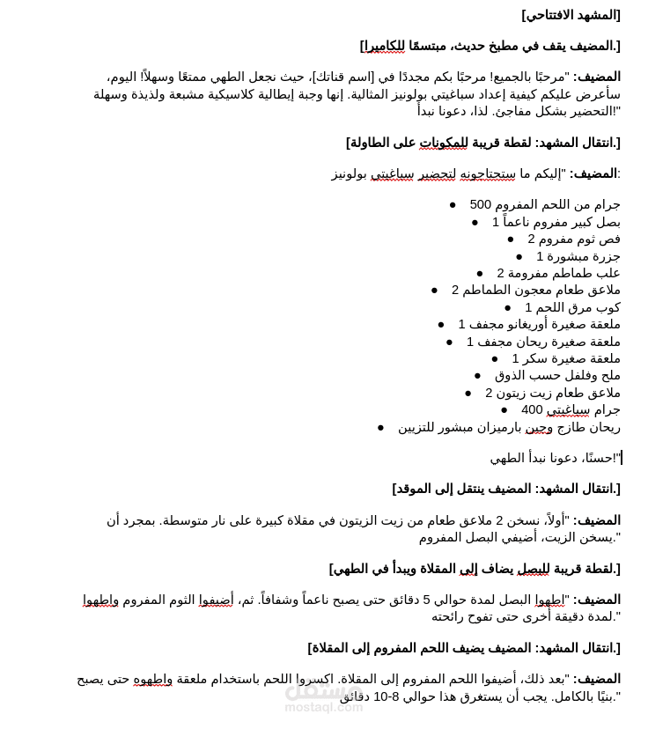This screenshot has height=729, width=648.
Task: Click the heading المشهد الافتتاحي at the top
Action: [571, 15]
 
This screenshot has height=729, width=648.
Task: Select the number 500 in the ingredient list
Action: [481, 204]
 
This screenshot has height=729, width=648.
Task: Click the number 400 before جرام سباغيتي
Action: [532, 409]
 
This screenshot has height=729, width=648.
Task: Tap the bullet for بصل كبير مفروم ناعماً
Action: [475, 222]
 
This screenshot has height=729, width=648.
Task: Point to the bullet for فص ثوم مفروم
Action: [511, 239]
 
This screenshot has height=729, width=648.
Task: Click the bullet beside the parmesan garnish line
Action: [380, 427]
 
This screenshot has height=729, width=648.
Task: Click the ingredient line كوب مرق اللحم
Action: [572, 307]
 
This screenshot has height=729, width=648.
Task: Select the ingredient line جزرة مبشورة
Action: [578, 256]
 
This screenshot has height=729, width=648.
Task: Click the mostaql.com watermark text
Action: [323, 706]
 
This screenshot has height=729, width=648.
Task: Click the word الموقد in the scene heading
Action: [415, 489]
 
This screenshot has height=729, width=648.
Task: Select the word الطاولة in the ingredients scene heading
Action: [371, 143]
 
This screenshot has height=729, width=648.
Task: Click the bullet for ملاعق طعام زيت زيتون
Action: [468, 393]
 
